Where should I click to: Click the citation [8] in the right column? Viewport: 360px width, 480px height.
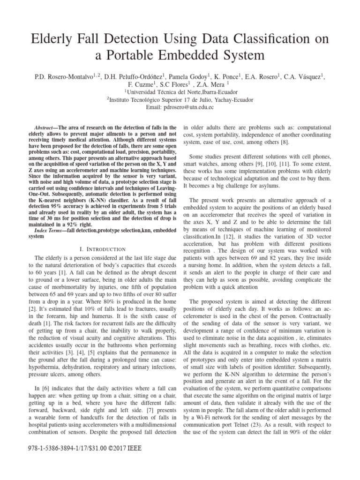tap(284, 142)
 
